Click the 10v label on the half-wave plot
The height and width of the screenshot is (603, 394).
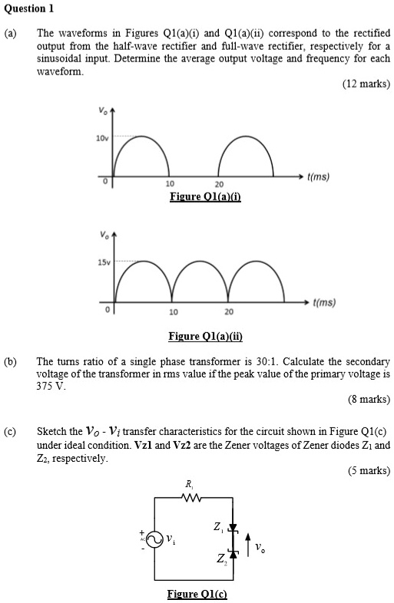click(101, 138)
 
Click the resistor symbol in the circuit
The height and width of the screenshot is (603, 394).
click(188, 498)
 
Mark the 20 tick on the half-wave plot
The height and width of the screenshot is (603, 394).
click(219, 185)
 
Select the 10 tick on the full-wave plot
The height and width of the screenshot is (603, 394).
click(174, 312)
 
